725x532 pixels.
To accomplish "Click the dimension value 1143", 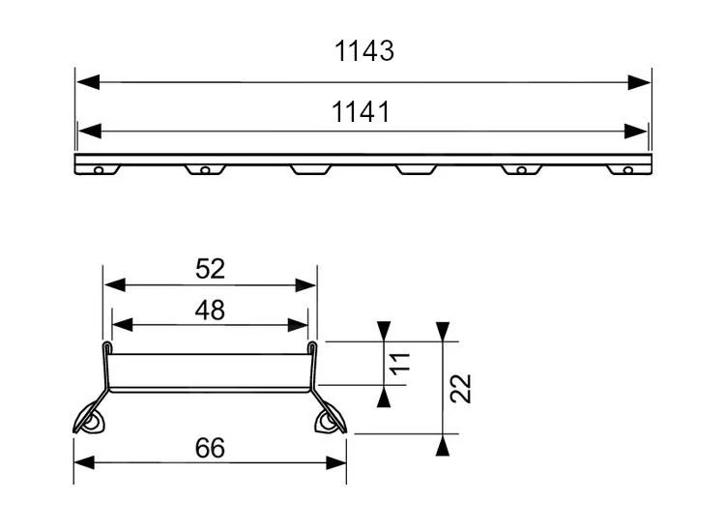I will [364, 51].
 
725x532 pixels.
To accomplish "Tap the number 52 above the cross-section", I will [210, 269].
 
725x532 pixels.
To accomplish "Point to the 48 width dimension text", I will [210, 310].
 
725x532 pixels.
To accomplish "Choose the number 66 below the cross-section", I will [210, 448].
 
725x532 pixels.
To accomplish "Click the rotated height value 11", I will [403, 363].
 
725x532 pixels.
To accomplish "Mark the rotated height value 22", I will [461, 388].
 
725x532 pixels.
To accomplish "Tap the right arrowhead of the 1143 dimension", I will [639, 82].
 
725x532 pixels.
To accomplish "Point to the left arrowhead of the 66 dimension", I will [85, 462].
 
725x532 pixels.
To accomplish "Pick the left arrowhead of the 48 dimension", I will [123, 325].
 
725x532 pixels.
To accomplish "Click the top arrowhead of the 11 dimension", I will [385, 330].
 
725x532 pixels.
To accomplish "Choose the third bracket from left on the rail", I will [309, 169].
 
